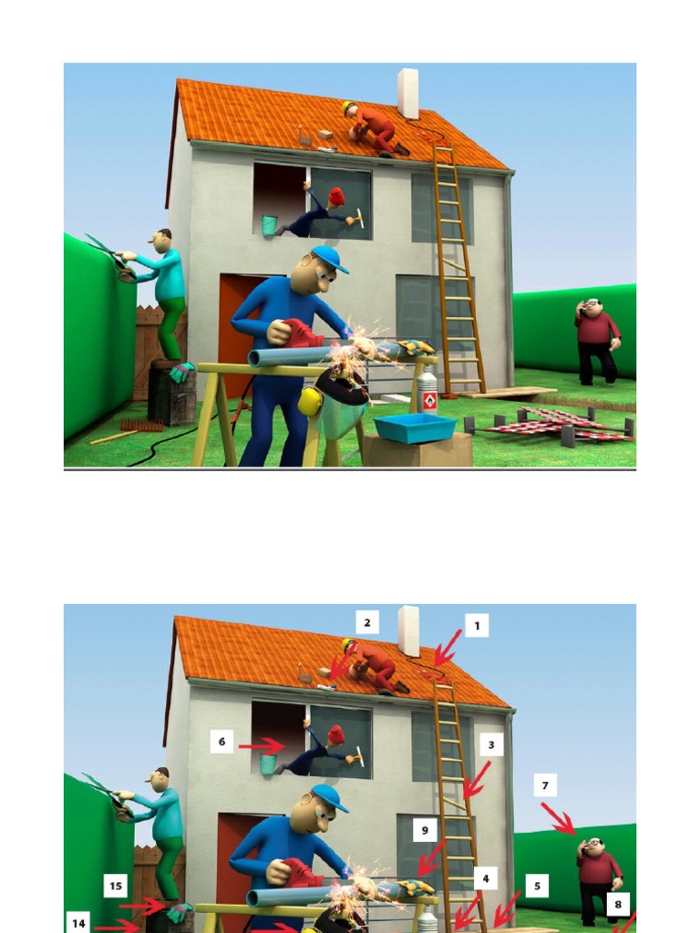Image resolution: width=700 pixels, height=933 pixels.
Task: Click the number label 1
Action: [476, 625]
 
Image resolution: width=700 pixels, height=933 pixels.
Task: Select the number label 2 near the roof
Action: [366, 622]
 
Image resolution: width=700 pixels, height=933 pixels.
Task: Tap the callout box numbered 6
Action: [221, 742]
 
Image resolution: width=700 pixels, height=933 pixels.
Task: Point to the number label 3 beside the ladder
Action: [490, 745]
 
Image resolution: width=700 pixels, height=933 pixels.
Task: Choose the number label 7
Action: [544, 784]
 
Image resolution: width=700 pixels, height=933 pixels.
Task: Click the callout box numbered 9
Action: [424, 830]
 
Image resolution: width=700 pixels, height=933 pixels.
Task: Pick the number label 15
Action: [116, 886]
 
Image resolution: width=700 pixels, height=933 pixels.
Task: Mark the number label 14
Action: [79, 923]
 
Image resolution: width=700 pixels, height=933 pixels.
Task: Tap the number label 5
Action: [537, 885]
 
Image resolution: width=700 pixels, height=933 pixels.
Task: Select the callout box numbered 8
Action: [618, 905]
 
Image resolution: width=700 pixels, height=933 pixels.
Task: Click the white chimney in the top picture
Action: [407, 92]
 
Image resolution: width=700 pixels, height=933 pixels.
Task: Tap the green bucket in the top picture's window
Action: [269, 225]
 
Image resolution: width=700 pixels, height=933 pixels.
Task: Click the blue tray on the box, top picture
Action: [415, 426]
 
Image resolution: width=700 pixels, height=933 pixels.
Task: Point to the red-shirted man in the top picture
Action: [596, 339]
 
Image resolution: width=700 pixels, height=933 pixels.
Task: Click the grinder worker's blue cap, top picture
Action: [329, 258]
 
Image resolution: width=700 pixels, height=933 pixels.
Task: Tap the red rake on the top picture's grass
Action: [142, 425]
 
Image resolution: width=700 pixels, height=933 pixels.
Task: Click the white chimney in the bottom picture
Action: [407, 631]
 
